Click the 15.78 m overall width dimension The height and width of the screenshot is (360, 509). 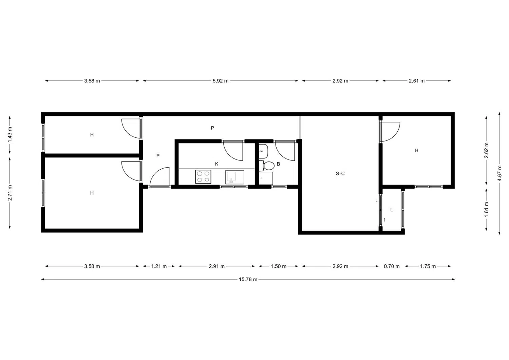pos(248,279)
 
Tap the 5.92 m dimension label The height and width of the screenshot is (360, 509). pos(221,81)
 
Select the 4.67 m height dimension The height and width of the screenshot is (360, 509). pos(499,173)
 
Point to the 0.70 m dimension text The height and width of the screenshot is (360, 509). pos(392,266)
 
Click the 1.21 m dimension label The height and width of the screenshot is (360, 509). pos(159,266)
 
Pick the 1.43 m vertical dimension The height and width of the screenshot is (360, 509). pos(10,135)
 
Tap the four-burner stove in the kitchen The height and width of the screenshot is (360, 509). pos(203,176)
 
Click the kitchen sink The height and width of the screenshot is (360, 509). pos(235,177)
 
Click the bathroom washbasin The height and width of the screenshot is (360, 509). pos(263,151)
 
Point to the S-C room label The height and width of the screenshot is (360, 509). pos(340,174)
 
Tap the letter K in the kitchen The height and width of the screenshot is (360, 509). pos(217,164)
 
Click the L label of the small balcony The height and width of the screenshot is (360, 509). pos(392,210)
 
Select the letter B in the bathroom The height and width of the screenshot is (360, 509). pos(278,164)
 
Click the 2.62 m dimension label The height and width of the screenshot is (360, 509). pos(486,150)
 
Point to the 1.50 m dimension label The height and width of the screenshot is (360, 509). pos(278,266)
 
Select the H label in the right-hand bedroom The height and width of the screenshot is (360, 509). pos(416,150)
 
